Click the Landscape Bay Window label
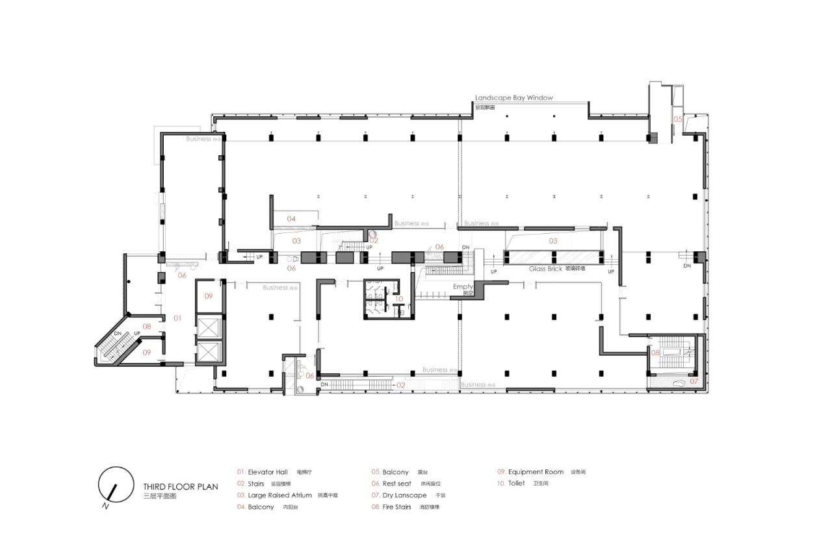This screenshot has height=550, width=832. (x=513, y=97)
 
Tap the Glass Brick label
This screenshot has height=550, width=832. (x=545, y=268)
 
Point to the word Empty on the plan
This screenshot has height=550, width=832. (x=463, y=286)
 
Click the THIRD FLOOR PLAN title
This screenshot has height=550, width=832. (x=181, y=486)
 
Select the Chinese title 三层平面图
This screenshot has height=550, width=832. (x=160, y=495)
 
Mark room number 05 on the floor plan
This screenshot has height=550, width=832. (x=677, y=119)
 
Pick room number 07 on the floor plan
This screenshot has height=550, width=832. (x=694, y=381)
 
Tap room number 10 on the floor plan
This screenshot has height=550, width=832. (x=399, y=299)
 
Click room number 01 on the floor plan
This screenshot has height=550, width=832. (x=177, y=318)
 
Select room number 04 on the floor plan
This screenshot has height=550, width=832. (x=291, y=219)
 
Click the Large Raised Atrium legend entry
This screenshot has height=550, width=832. (x=276, y=495)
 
